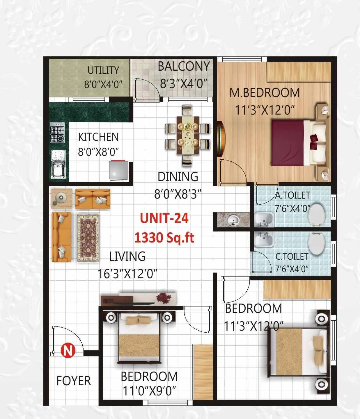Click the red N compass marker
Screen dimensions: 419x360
(68, 350)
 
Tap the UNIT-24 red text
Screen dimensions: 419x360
(164, 218)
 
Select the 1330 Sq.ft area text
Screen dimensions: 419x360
(164, 238)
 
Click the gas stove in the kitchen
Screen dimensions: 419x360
(57, 133)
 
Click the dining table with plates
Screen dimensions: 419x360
(188, 135)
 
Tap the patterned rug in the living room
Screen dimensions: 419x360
(88, 238)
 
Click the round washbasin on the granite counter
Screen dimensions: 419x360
(233, 220)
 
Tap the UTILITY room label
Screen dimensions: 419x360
(103, 70)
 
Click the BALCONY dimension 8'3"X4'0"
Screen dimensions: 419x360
(184, 84)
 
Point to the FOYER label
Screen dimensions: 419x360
(74, 381)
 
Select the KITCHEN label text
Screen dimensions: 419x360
(98, 137)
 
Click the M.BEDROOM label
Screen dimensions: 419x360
(264, 93)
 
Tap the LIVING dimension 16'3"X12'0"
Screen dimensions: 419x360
(127, 274)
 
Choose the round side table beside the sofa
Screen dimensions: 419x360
(61, 198)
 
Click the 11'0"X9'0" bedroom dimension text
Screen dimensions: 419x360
(149, 391)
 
